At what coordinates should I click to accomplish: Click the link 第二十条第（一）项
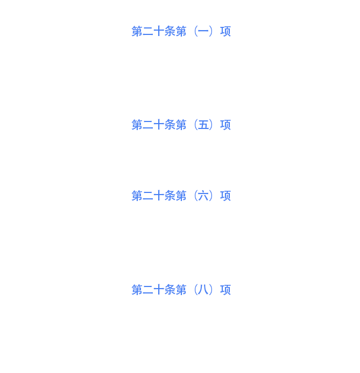click(181, 31)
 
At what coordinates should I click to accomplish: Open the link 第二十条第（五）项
click(181, 125)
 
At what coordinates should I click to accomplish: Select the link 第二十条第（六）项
click(181, 196)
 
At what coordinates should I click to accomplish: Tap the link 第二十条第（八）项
click(181, 290)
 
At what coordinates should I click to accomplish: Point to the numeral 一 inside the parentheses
click(203, 31)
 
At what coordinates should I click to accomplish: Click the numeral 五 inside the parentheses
click(203, 125)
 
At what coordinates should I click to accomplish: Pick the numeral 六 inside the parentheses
click(203, 196)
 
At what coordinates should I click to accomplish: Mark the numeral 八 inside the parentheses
click(203, 290)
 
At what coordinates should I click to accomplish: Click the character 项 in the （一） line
click(225, 31)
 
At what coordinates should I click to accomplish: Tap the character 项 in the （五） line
click(225, 125)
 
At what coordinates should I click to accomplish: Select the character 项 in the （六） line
click(225, 196)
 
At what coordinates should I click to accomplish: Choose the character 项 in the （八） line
click(225, 290)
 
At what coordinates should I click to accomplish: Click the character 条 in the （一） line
click(170, 31)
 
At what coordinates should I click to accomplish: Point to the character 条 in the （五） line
click(170, 125)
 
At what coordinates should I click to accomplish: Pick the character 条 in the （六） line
click(170, 196)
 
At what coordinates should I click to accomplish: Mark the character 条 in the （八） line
click(170, 290)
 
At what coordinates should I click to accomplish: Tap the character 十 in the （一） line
click(159, 31)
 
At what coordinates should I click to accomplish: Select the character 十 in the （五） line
click(159, 125)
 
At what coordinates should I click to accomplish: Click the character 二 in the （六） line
click(148, 196)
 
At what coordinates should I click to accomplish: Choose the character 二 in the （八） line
click(148, 290)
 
